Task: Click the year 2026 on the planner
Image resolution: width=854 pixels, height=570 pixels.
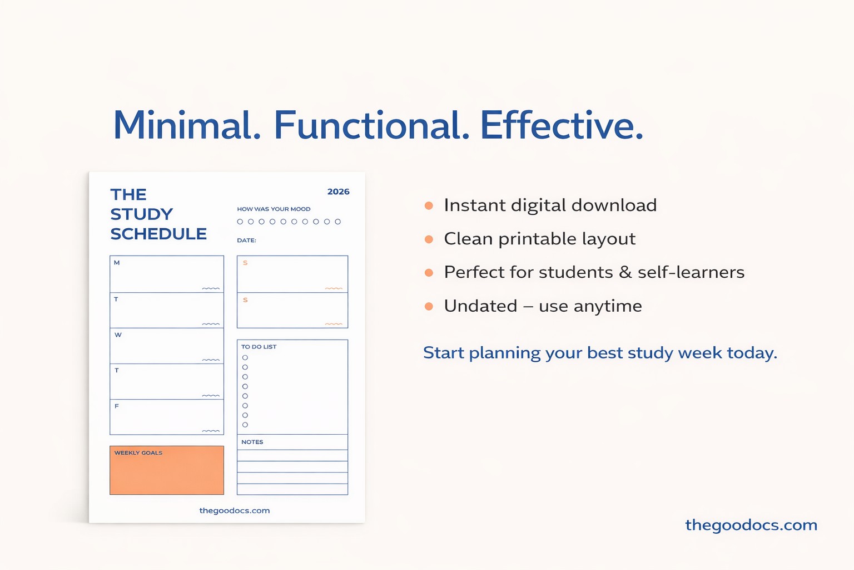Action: coord(338,191)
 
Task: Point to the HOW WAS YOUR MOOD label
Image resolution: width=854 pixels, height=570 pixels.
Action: coord(274,209)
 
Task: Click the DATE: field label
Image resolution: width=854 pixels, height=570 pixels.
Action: coord(246,240)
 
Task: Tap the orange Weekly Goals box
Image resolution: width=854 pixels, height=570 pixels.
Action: coord(167,470)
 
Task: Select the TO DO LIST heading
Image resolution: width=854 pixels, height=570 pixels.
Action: coord(259,347)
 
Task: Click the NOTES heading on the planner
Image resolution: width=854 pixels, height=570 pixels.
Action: coord(252,442)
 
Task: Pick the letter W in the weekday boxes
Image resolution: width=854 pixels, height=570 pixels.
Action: coord(118,335)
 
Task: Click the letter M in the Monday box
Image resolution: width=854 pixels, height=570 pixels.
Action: coord(117,263)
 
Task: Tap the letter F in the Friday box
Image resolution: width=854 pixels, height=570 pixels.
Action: coord(117,406)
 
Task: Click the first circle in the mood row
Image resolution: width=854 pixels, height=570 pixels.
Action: coord(240,222)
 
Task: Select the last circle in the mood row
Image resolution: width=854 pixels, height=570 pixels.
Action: coord(338,222)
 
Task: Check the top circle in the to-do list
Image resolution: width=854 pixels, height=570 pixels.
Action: coord(245,358)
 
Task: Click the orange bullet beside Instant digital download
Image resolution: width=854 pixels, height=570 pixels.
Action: coord(429,206)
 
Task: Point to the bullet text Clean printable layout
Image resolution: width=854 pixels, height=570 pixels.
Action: coord(540,239)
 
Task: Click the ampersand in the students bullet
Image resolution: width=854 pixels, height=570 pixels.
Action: coord(625,272)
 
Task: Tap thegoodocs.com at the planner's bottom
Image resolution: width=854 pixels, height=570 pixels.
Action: coord(235,510)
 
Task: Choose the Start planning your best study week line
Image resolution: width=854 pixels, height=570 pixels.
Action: coord(600,353)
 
